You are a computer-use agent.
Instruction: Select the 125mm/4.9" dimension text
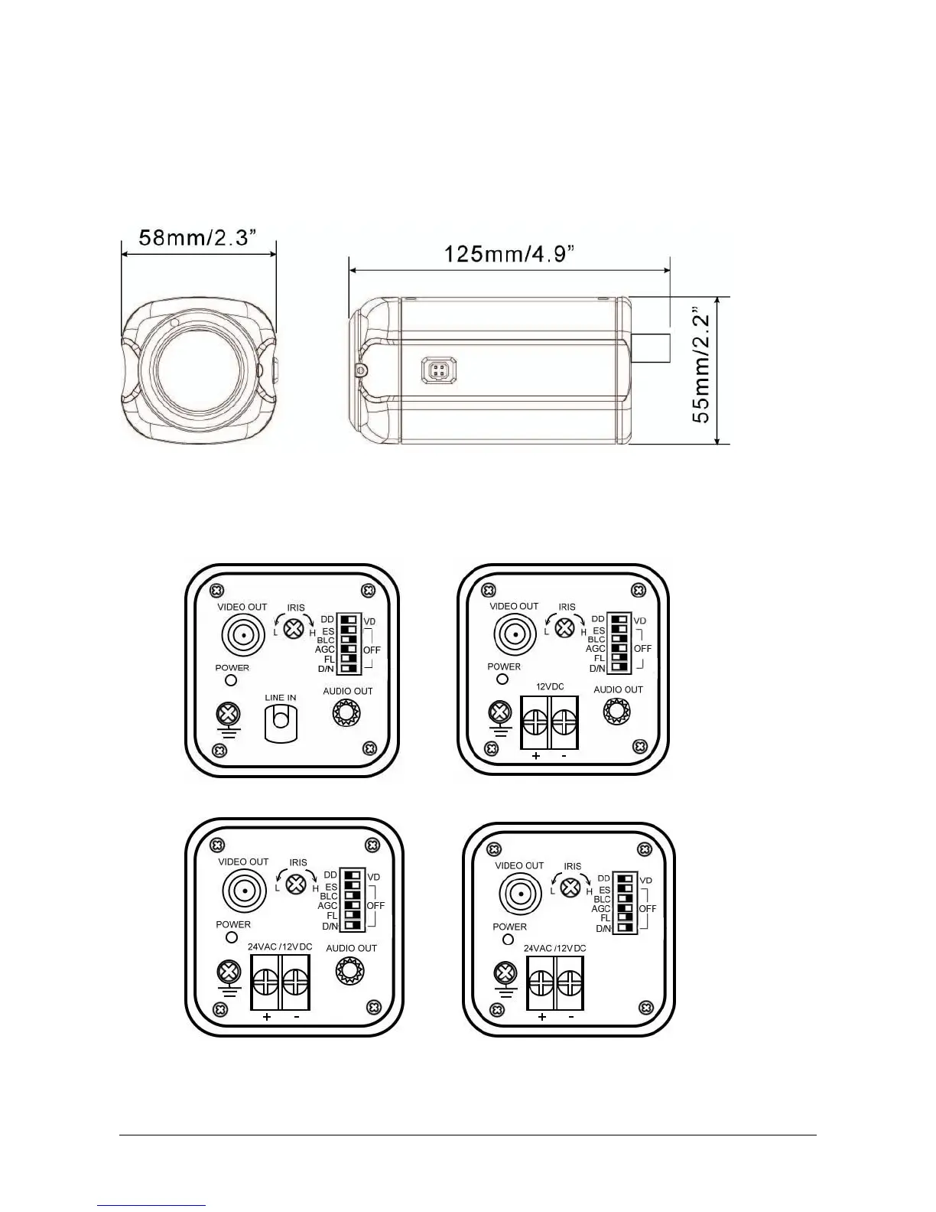click(510, 253)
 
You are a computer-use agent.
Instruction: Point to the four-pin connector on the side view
click(439, 370)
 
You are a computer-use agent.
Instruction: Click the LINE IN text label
click(281, 697)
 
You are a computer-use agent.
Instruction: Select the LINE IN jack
click(281, 722)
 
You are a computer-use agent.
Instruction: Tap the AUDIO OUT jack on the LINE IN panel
click(347, 713)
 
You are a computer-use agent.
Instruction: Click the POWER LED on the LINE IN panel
click(232, 679)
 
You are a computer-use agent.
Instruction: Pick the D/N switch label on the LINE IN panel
click(327, 669)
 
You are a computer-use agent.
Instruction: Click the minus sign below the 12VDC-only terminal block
click(564, 756)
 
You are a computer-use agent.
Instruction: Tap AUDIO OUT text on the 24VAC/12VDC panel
click(352, 948)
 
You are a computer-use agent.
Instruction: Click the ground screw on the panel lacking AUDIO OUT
click(504, 973)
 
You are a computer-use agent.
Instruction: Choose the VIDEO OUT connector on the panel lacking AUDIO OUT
click(520, 893)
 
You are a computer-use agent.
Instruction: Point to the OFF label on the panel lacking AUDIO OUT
click(648, 909)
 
